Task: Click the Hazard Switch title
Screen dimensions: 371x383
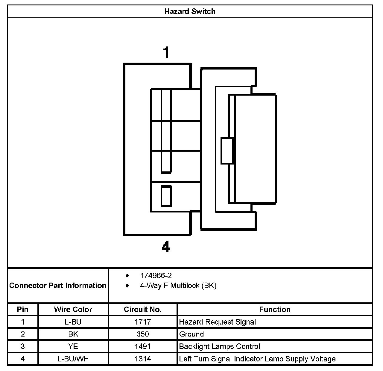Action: pos(190,12)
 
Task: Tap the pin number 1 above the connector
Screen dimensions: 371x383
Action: pos(166,52)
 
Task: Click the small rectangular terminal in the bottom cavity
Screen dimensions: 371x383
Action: pos(166,196)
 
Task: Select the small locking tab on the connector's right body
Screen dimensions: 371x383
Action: pos(227,151)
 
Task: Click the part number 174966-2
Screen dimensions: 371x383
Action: pos(156,276)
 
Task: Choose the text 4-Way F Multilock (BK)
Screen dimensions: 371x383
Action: pos(178,286)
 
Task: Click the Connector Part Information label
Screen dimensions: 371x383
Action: pos(58,285)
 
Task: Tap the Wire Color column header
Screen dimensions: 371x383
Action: pos(73,310)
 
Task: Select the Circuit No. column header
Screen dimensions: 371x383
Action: pos(143,310)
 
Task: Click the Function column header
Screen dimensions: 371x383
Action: pos(275,310)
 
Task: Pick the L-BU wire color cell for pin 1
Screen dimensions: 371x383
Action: pos(73,322)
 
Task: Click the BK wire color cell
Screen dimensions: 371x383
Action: pos(73,334)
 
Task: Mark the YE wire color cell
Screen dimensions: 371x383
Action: pos(73,346)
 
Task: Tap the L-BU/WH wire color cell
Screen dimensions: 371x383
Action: pos(73,359)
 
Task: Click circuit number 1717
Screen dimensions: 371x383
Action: pos(143,322)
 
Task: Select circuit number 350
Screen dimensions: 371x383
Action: pos(143,334)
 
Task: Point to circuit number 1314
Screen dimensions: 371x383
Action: pos(143,359)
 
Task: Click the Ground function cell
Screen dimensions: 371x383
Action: pos(191,334)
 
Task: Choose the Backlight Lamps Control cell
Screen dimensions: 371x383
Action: pos(220,346)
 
